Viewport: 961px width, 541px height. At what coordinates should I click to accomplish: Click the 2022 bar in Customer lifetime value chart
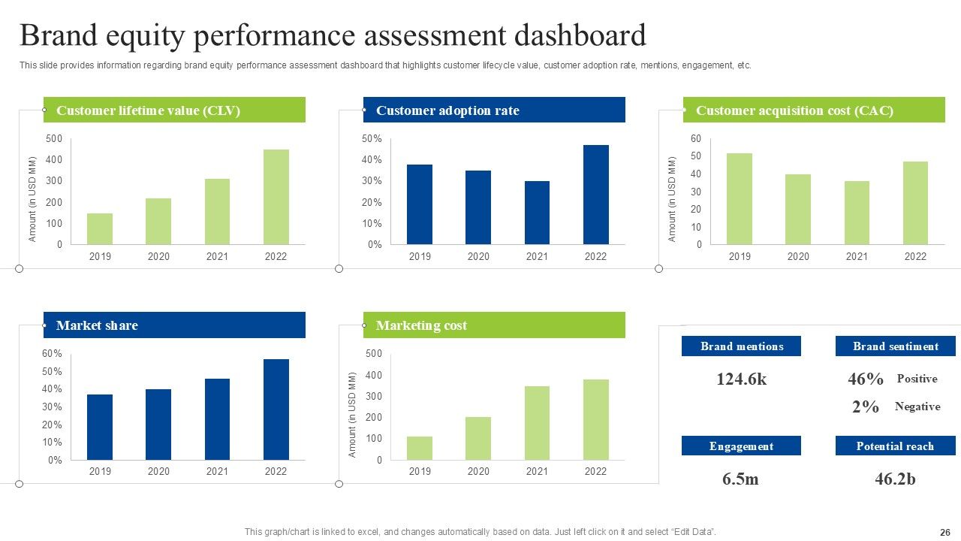276,197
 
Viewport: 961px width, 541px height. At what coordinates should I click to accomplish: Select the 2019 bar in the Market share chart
100,427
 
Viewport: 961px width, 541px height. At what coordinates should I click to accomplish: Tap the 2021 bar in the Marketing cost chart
537,423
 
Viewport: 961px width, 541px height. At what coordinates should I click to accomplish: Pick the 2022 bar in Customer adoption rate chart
595,195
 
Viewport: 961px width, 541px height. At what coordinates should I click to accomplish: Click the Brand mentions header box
741,346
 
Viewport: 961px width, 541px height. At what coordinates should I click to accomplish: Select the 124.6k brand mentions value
741,379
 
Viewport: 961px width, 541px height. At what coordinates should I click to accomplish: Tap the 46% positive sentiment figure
866,379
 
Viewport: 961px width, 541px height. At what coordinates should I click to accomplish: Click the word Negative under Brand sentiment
917,407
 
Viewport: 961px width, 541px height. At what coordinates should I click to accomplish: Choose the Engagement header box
741,446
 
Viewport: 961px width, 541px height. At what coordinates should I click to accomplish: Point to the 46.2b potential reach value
895,479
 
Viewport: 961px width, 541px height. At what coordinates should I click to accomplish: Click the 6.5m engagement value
740,479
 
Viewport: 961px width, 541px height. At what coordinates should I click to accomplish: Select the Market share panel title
97,325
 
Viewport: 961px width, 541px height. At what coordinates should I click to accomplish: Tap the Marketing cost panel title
421,325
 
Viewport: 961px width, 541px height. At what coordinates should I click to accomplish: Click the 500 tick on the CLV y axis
54,139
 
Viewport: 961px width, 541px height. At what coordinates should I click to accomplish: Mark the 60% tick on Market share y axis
53,354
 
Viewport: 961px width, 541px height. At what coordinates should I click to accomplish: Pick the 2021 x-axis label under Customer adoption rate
537,257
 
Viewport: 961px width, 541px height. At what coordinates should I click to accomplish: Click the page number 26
944,532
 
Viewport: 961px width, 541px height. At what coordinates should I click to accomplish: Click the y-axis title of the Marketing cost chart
352,414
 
